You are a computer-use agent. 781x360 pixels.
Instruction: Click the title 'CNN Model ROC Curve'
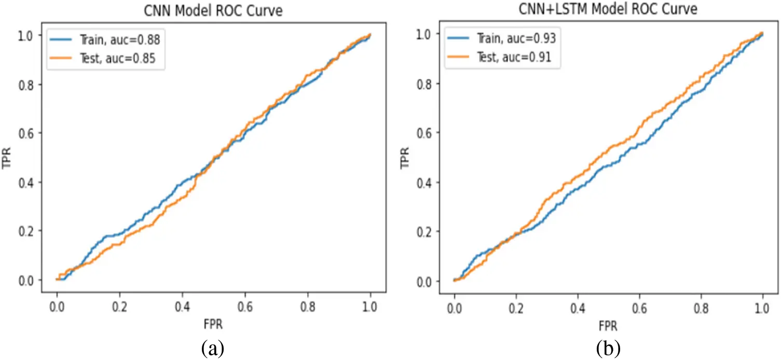(x=213, y=11)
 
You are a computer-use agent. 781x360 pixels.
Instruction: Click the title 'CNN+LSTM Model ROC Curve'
(x=608, y=9)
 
